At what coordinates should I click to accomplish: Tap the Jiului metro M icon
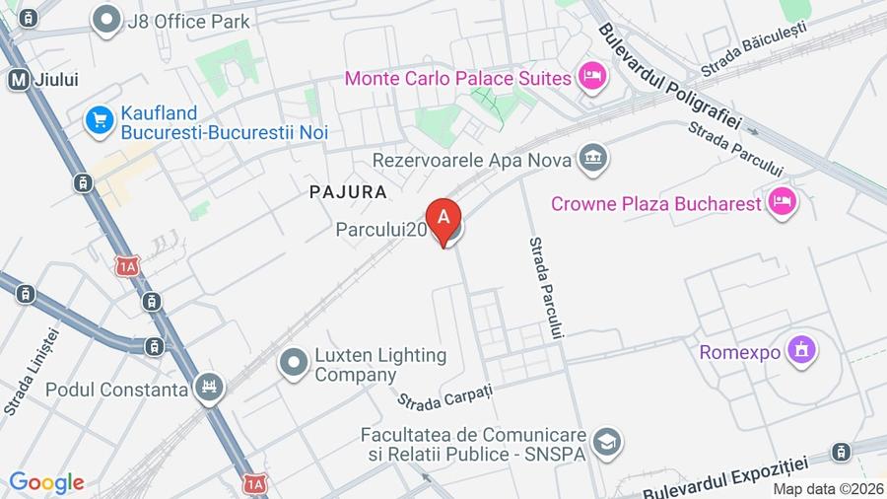pos(18,80)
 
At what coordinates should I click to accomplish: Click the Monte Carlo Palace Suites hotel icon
pos(591,76)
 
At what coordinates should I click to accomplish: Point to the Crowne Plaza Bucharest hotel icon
pos(784,203)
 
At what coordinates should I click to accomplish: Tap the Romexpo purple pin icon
pos(802,350)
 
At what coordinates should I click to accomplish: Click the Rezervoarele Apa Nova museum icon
pos(593,158)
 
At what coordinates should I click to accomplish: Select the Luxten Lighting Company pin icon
pos(294,364)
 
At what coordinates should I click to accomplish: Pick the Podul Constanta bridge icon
pos(208,389)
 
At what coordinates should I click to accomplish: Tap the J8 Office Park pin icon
pos(103,19)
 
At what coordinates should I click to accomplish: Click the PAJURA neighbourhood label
pos(347,191)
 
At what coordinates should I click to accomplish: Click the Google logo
pos(46,482)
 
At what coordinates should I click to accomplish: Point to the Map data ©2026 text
pos(828,489)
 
